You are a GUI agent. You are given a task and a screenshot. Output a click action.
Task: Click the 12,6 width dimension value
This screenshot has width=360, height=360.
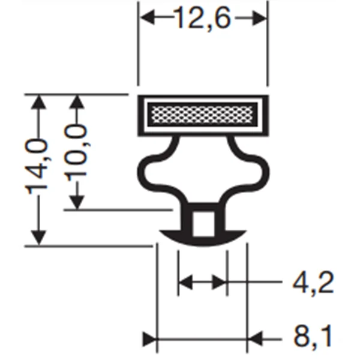coord(203,19)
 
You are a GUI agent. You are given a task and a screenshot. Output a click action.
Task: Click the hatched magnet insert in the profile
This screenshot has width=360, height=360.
coord(202,113)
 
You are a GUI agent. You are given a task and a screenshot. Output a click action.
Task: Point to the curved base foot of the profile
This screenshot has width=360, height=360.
coord(203,239)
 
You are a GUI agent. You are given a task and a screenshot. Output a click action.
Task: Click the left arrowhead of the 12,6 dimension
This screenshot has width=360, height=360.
coord(146,19)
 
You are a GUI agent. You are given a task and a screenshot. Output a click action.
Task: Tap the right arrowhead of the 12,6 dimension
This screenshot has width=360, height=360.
coord(260,19)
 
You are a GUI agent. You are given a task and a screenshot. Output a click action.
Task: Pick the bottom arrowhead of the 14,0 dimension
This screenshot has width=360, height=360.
coord(39,238)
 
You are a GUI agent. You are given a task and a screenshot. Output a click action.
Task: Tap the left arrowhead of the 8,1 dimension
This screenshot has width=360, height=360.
coord(149,339)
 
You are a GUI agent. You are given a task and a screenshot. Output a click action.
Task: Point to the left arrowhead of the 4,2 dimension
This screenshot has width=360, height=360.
coord(185,281)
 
